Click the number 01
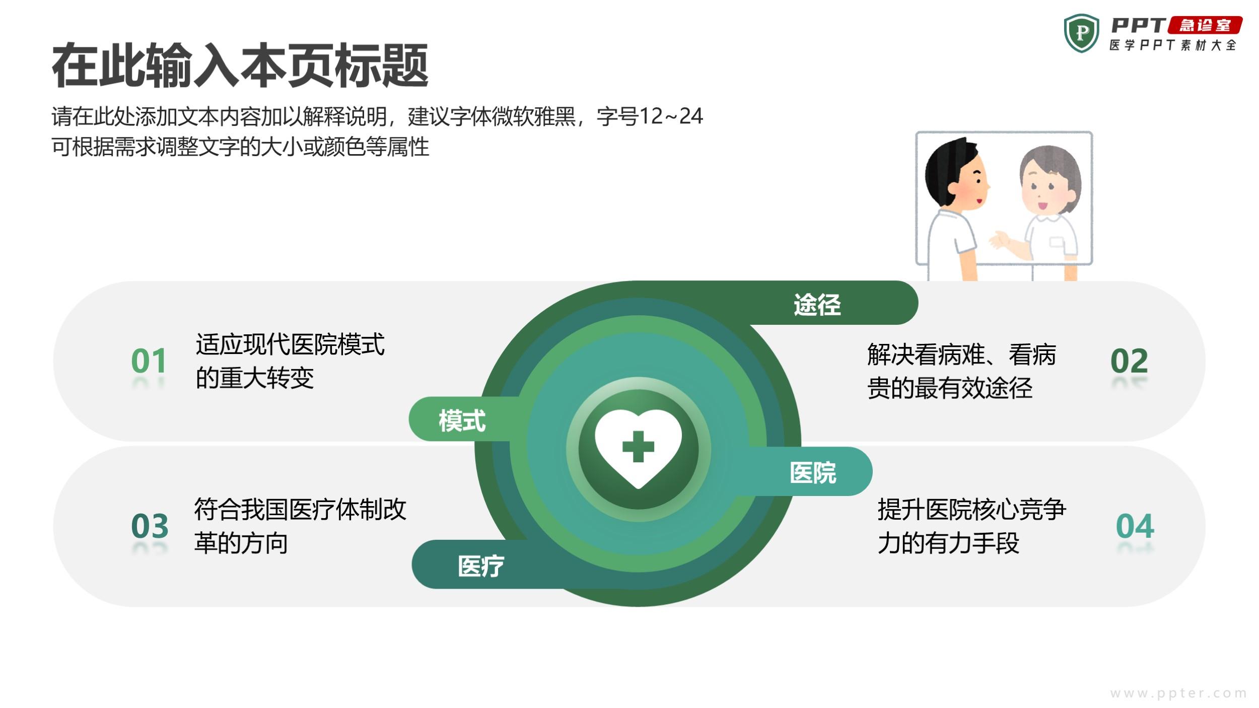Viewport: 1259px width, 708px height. [x=149, y=361]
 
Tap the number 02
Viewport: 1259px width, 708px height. [x=1129, y=361]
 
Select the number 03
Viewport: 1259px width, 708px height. [x=150, y=526]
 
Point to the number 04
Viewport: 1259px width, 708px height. [x=1135, y=526]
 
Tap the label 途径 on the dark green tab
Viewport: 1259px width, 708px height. [x=817, y=305]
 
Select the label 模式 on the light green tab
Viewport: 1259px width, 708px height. [x=462, y=420]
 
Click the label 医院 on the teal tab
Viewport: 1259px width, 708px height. [x=813, y=473]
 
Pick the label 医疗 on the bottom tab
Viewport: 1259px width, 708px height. [x=481, y=566]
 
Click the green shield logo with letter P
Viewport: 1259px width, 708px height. [x=1081, y=33]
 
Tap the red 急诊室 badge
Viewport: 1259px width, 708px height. [x=1205, y=25]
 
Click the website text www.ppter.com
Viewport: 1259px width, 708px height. [x=1178, y=693]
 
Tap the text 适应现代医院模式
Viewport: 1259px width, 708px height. [x=290, y=344]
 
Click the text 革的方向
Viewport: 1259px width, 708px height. [x=241, y=543]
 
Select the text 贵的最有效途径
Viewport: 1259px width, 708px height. [x=950, y=388]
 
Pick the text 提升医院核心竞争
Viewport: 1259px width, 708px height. [x=972, y=510]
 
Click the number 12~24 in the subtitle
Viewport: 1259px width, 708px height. [x=671, y=116]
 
